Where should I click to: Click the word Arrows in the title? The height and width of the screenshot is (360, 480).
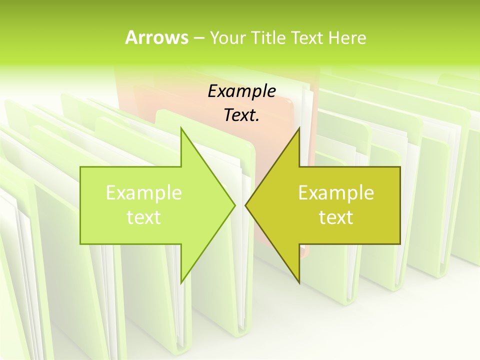pyautogui.click(x=156, y=37)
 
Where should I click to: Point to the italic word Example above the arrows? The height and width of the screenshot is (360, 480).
pyautogui.click(x=241, y=91)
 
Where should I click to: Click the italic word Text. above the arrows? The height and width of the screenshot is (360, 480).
pyautogui.click(x=241, y=115)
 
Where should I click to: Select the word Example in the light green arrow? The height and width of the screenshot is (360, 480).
pyautogui.click(x=144, y=192)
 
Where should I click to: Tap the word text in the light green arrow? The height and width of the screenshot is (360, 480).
pyautogui.click(x=144, y=217)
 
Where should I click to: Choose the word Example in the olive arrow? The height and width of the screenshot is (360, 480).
pyautogui.click(x=336, y=192)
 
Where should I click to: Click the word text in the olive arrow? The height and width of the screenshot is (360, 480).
pyautogui.click(x=336, y=217)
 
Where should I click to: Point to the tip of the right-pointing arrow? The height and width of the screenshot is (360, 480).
pyautogui.click(x=235, y=205)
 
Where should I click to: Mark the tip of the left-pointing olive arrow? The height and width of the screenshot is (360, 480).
pyautogui.click(x=245, y=205)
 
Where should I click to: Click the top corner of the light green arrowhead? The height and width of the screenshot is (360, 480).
pyautogui.click(x=181, y=127)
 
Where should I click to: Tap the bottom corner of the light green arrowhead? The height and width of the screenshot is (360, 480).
pyautogui.click(x=181, y=283)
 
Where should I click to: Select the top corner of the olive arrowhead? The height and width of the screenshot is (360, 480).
pyautogui.click(x=299, y=127)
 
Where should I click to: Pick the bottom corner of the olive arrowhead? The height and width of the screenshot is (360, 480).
pyautogui.click(x=299, y=283)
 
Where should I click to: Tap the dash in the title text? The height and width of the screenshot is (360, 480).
pyautogui.click(x=198, y=37)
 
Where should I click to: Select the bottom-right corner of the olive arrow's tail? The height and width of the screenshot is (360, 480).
pyautogui.click(x=400, y=244)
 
